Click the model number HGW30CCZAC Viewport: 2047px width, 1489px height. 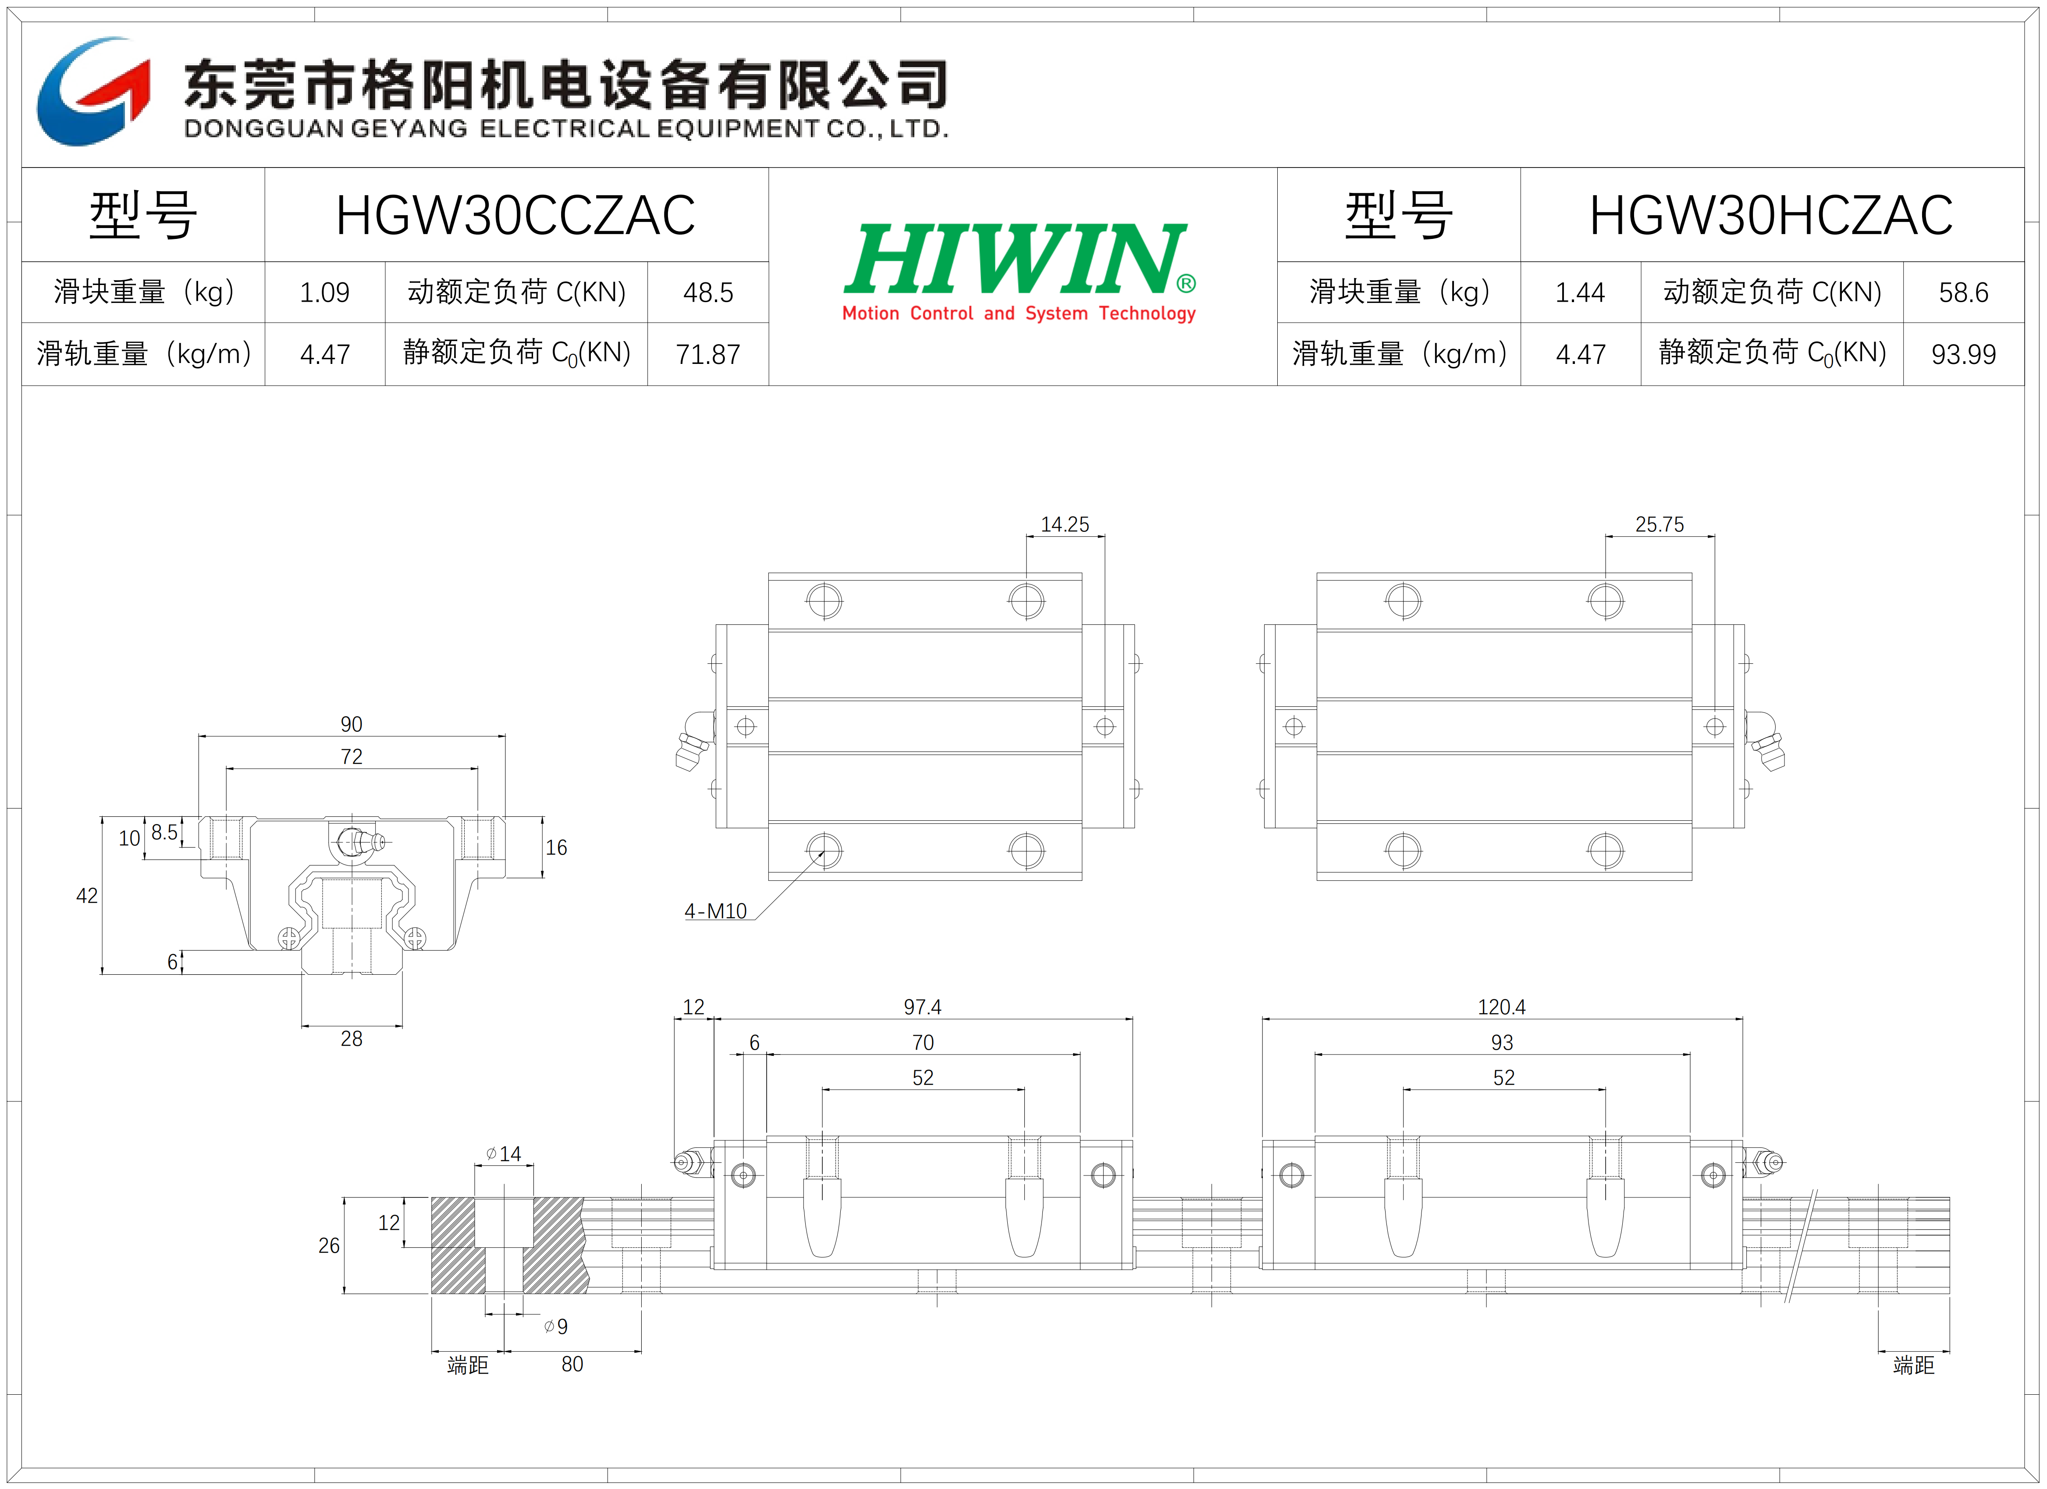click(515, 216)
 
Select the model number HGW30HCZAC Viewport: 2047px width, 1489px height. click(1771, 216)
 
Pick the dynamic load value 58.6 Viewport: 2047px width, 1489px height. click(1963, 292)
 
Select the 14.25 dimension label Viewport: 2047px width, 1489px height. click(1065, 525)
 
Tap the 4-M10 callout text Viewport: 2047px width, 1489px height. click(716, 911)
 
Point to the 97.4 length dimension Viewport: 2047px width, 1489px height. click(922, 1007)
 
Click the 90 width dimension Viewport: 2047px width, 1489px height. click(351, 724)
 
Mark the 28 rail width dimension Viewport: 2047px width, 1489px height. click(351, 1038)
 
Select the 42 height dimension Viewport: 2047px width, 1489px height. click(87, 896)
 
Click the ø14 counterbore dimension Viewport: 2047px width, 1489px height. click(504, 1153)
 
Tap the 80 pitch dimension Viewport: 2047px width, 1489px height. click(572, 1364)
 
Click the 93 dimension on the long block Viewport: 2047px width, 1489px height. click(1502, 1042)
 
